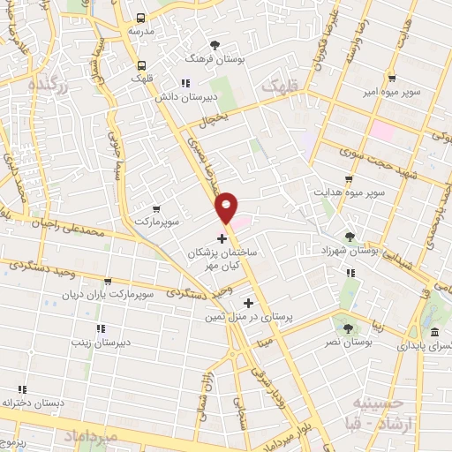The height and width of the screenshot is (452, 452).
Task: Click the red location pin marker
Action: coord(227,206)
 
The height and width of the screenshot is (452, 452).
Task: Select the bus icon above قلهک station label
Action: coord(141,64)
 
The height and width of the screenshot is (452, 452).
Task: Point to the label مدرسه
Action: coord(141,31)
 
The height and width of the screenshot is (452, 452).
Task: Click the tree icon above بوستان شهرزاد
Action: coord(350,237)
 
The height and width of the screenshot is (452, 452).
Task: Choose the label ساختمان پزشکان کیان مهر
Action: coord(223,258)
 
